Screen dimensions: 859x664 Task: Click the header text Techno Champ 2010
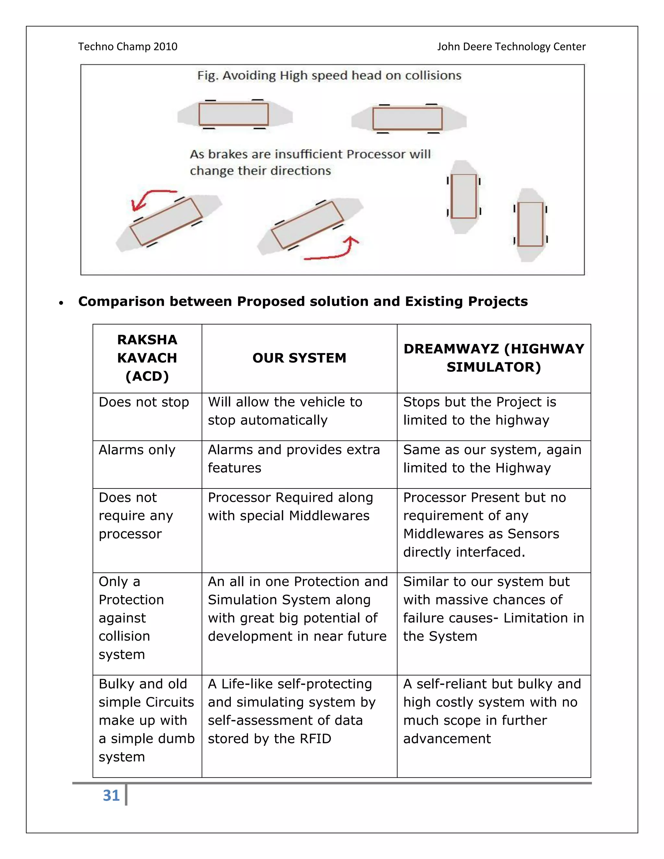[127, 46]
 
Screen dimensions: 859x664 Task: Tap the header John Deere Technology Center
[511, 46]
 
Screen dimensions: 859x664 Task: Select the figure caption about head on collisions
[329, 75]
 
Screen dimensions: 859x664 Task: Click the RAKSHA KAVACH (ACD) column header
[147, 358]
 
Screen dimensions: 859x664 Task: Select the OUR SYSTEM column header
[299, 358]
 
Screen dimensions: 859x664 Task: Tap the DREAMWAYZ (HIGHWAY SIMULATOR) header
[494, 358]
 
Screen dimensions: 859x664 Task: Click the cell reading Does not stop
[144, 402]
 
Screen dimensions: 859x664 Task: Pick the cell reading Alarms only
[137, 450]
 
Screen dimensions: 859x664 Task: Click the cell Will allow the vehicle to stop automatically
[285, 411]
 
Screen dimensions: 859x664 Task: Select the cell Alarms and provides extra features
[293, 459]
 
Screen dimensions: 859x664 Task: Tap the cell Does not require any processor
[136, 516]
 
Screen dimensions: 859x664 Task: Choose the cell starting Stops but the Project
[480, 411]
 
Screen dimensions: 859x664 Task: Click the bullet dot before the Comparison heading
[61, 303]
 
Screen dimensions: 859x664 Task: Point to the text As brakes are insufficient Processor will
[310, 154]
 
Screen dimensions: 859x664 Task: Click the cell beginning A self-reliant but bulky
[492, 711]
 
